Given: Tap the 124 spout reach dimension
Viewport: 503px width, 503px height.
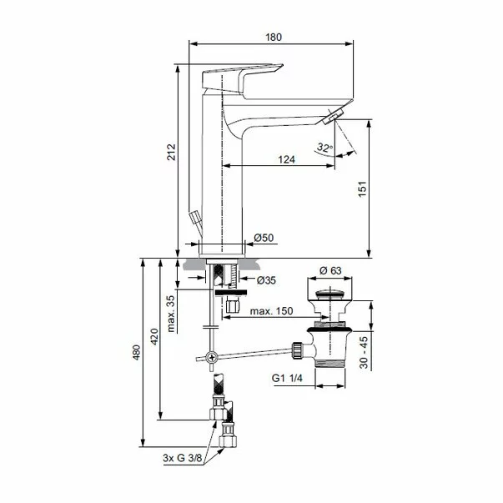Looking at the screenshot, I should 286,158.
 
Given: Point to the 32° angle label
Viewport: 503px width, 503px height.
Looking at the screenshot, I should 324,148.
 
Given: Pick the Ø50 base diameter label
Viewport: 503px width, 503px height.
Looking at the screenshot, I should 264,239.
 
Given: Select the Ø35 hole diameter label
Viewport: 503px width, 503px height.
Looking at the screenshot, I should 267,279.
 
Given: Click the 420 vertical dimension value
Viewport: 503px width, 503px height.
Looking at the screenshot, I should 152,335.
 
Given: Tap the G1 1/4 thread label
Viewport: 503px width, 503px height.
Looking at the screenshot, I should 288,377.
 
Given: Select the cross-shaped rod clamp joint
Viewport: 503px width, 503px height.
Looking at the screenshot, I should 213,358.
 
